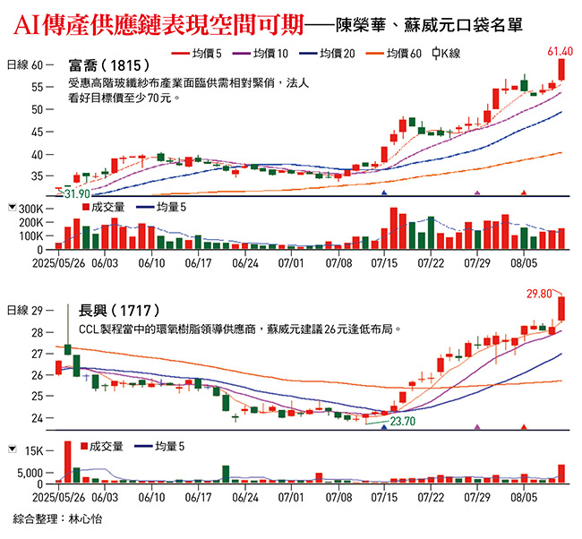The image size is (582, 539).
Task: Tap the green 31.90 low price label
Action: tap(76, 193)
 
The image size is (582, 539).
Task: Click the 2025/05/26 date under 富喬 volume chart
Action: tap(57, 264)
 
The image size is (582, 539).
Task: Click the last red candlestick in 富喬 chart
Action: tap(561, 69)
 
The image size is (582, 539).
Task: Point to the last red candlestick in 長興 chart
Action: tap(561, 308)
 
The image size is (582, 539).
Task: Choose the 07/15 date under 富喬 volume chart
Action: tap(383, 264)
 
